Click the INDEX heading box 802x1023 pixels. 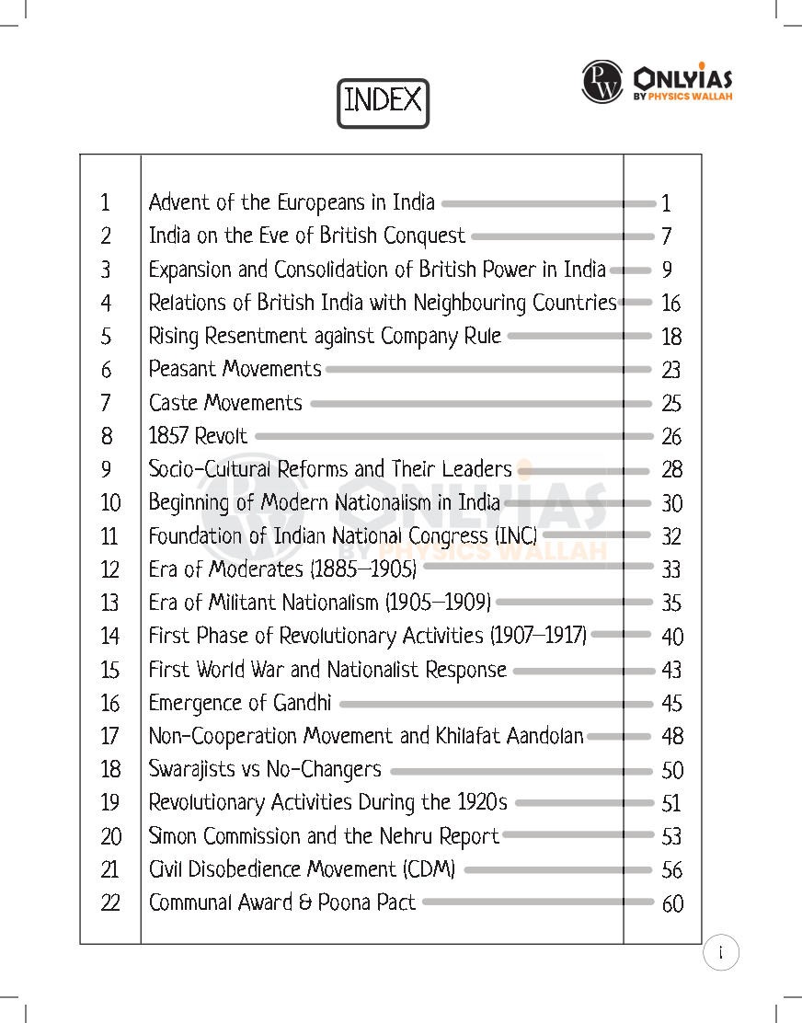[383, 102]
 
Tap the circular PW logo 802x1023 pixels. [602, 82]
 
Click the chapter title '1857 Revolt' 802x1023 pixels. [199, 436]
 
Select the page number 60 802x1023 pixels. [672, 904]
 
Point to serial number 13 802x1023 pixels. [110, 603]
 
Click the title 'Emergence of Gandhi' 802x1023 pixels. [240, 704]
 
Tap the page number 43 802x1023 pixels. [671, 671]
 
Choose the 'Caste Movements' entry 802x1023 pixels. [225, 403]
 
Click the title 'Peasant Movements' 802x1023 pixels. [235, 370]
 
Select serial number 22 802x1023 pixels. [110, 903]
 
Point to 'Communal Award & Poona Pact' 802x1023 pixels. [282, 902]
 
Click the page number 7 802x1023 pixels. [666, 236]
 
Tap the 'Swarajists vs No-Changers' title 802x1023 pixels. [265, 770]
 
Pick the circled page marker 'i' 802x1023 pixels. [721, 953]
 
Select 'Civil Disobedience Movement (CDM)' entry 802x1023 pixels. [303, 869]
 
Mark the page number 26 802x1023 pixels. [671, 437]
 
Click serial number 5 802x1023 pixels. [107, 337]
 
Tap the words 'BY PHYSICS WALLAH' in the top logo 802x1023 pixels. [683, 97]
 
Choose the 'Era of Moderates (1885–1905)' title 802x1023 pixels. [282, 570]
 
